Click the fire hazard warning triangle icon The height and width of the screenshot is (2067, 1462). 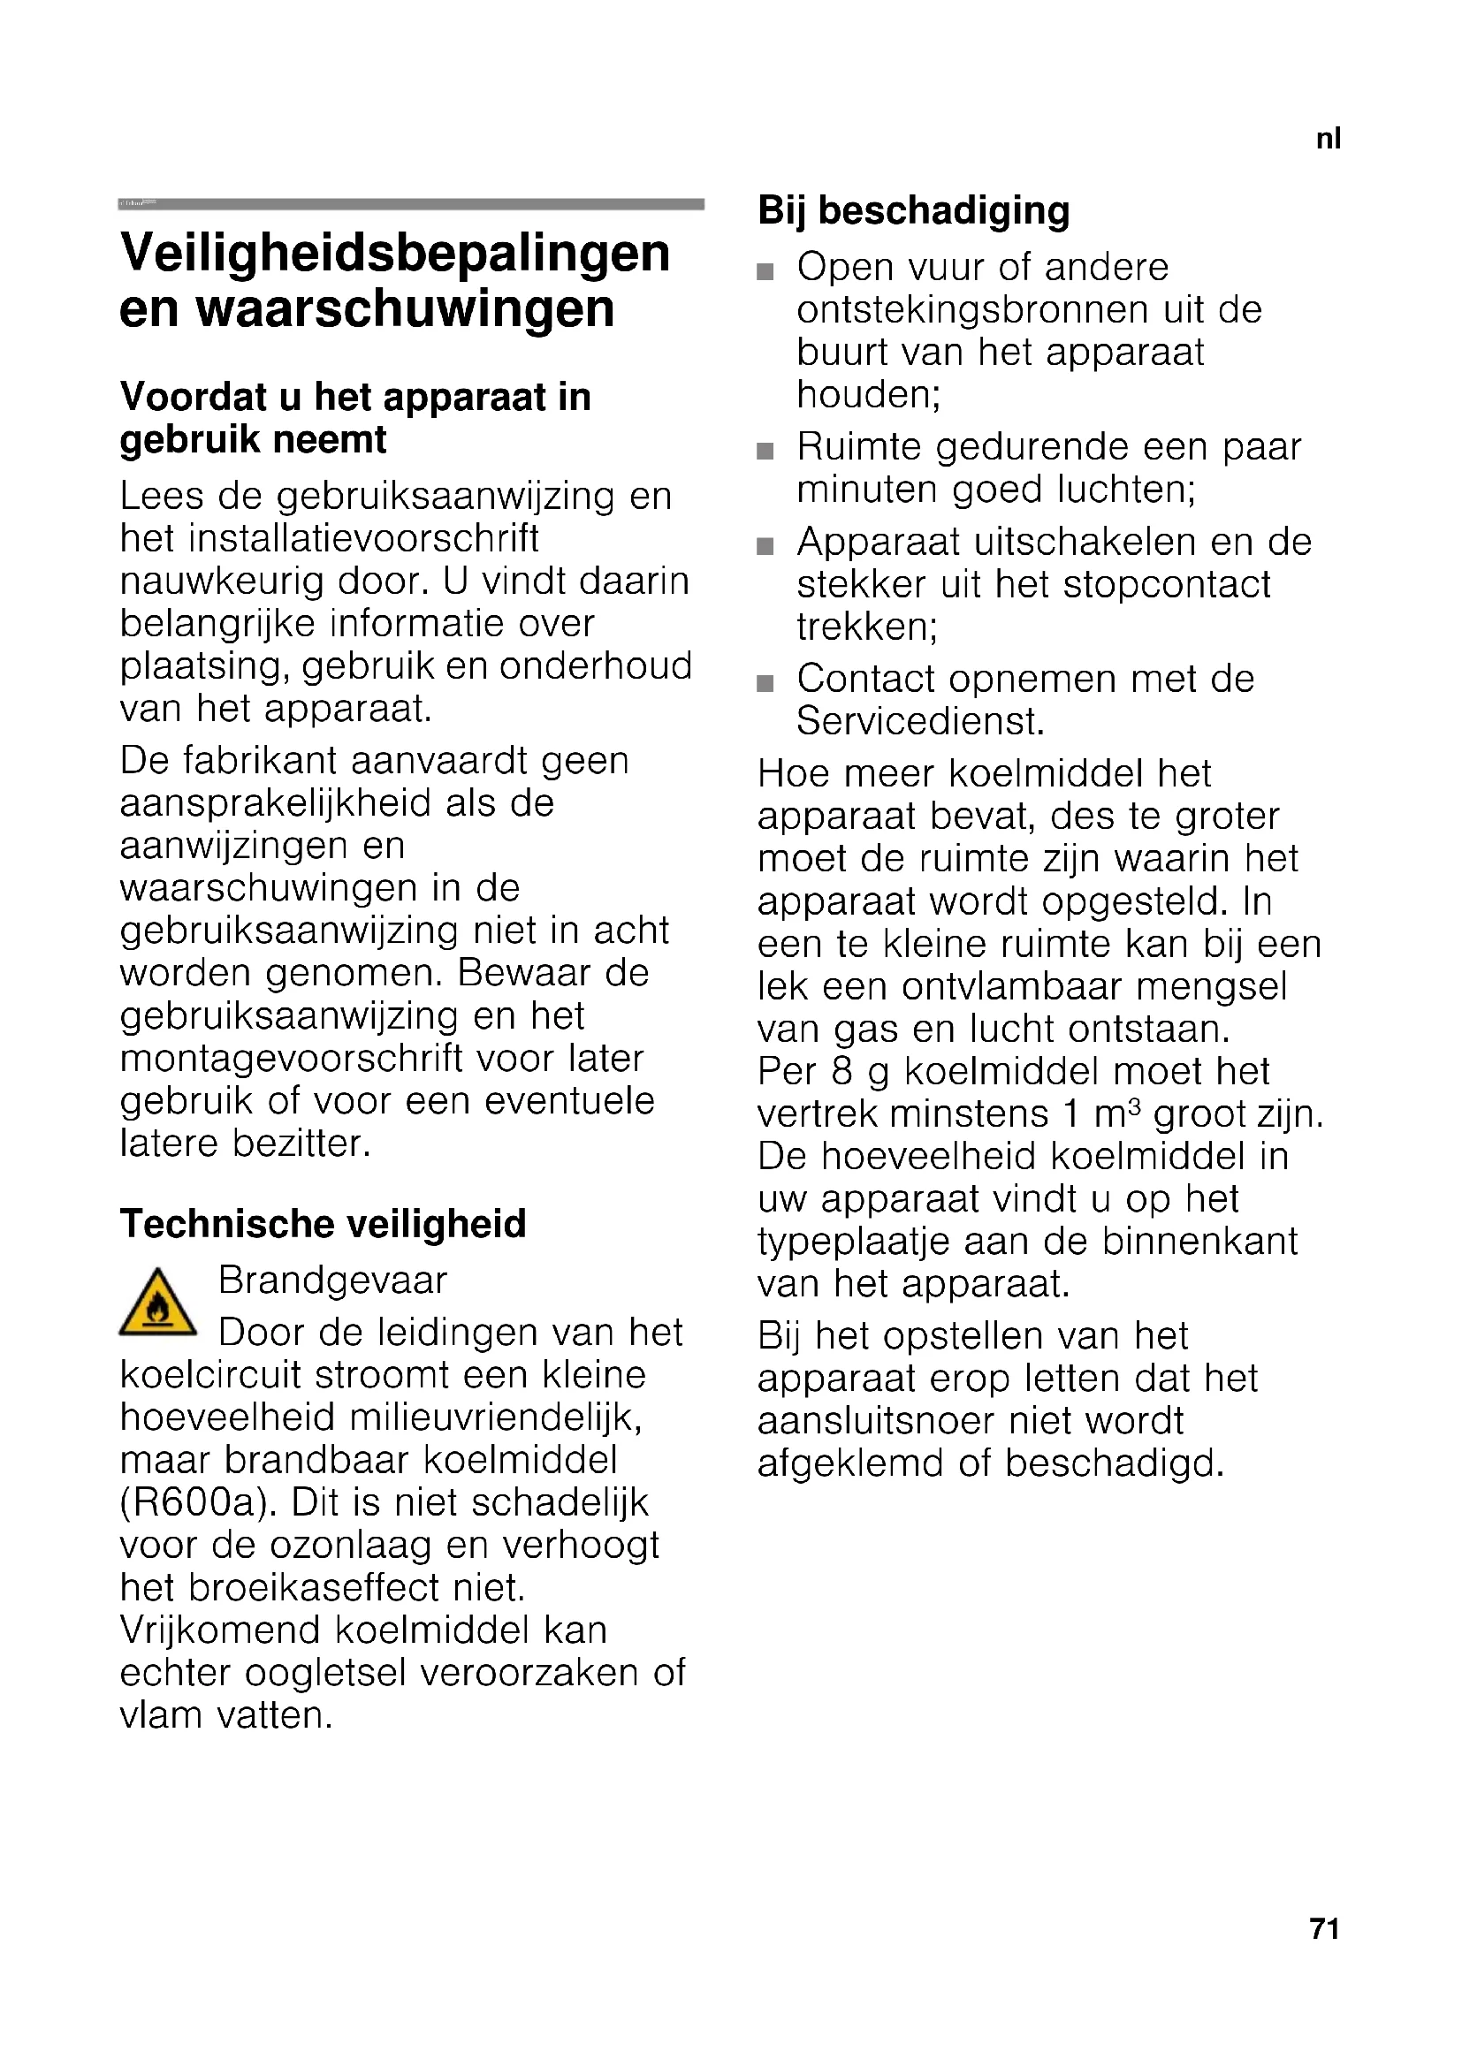tap(157, 1304)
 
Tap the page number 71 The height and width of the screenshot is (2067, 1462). tap(1325, 1928)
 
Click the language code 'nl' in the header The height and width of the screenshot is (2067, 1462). tap(1328, 139)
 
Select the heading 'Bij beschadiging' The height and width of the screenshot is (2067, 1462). tap(914, 210)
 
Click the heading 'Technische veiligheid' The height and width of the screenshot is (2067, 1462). tap(324, 1223)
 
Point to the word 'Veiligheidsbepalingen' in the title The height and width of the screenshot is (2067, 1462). tap(395, 253)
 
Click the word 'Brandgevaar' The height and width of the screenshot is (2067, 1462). tap(332, 1280)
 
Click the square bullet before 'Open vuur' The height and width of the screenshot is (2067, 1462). tap(765, 272)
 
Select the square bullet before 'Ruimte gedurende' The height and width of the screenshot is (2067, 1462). tap(765, 451)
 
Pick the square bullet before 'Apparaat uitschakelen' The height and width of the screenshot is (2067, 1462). tap(765, 546)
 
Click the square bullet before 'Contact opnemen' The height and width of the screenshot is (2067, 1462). tap(765, 683)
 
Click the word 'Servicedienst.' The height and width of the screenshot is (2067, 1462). tap(920, 721)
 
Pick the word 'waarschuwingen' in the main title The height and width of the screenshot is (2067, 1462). tap(405, 308)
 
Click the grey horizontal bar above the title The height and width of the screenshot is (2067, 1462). tap(411, 204)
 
